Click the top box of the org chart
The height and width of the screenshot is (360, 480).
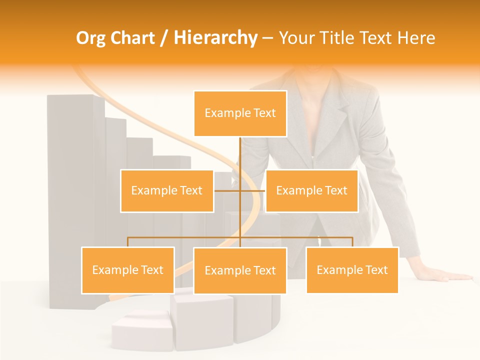(x=240, y=113)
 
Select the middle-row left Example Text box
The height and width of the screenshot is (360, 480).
(x=167, y=190)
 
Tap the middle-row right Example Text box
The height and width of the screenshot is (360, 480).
(x=311, y=190)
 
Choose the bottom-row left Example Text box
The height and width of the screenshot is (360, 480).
(x=128, y=270)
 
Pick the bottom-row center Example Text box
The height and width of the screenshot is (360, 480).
(x=240, y=270)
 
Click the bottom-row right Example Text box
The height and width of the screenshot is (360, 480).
(x=352, y=270)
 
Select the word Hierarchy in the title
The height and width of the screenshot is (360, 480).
(x=215, y=38)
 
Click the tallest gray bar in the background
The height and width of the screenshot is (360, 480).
(x=75, y=200)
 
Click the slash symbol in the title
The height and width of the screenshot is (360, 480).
(x=164, y=38)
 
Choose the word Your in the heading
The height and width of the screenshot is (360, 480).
(x=298, y=38)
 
